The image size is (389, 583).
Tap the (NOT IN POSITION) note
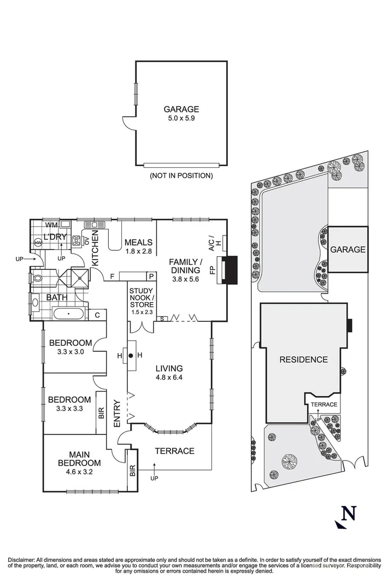(181, 176)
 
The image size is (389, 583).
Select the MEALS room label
(138, 243)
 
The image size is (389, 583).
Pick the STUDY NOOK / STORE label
(142, 301)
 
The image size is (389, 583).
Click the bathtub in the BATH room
(68, 314)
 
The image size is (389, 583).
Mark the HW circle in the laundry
(39, 243)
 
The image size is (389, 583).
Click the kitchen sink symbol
(97, 225)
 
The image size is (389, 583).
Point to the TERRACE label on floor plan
(174, 451)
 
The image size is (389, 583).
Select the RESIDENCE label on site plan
(303, 360)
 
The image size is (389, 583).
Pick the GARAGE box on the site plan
(347, 249)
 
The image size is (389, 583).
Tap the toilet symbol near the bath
(37, 278)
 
